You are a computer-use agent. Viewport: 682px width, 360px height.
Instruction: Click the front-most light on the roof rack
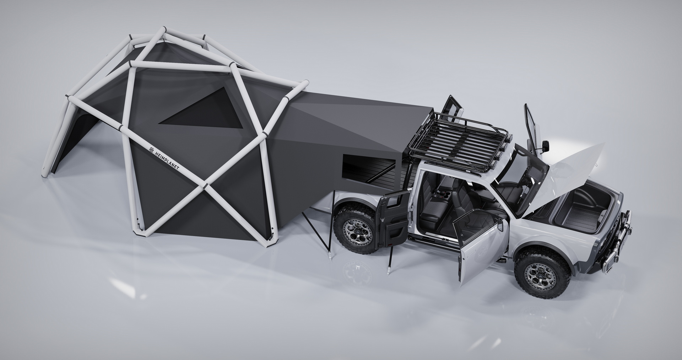[510, 137]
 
